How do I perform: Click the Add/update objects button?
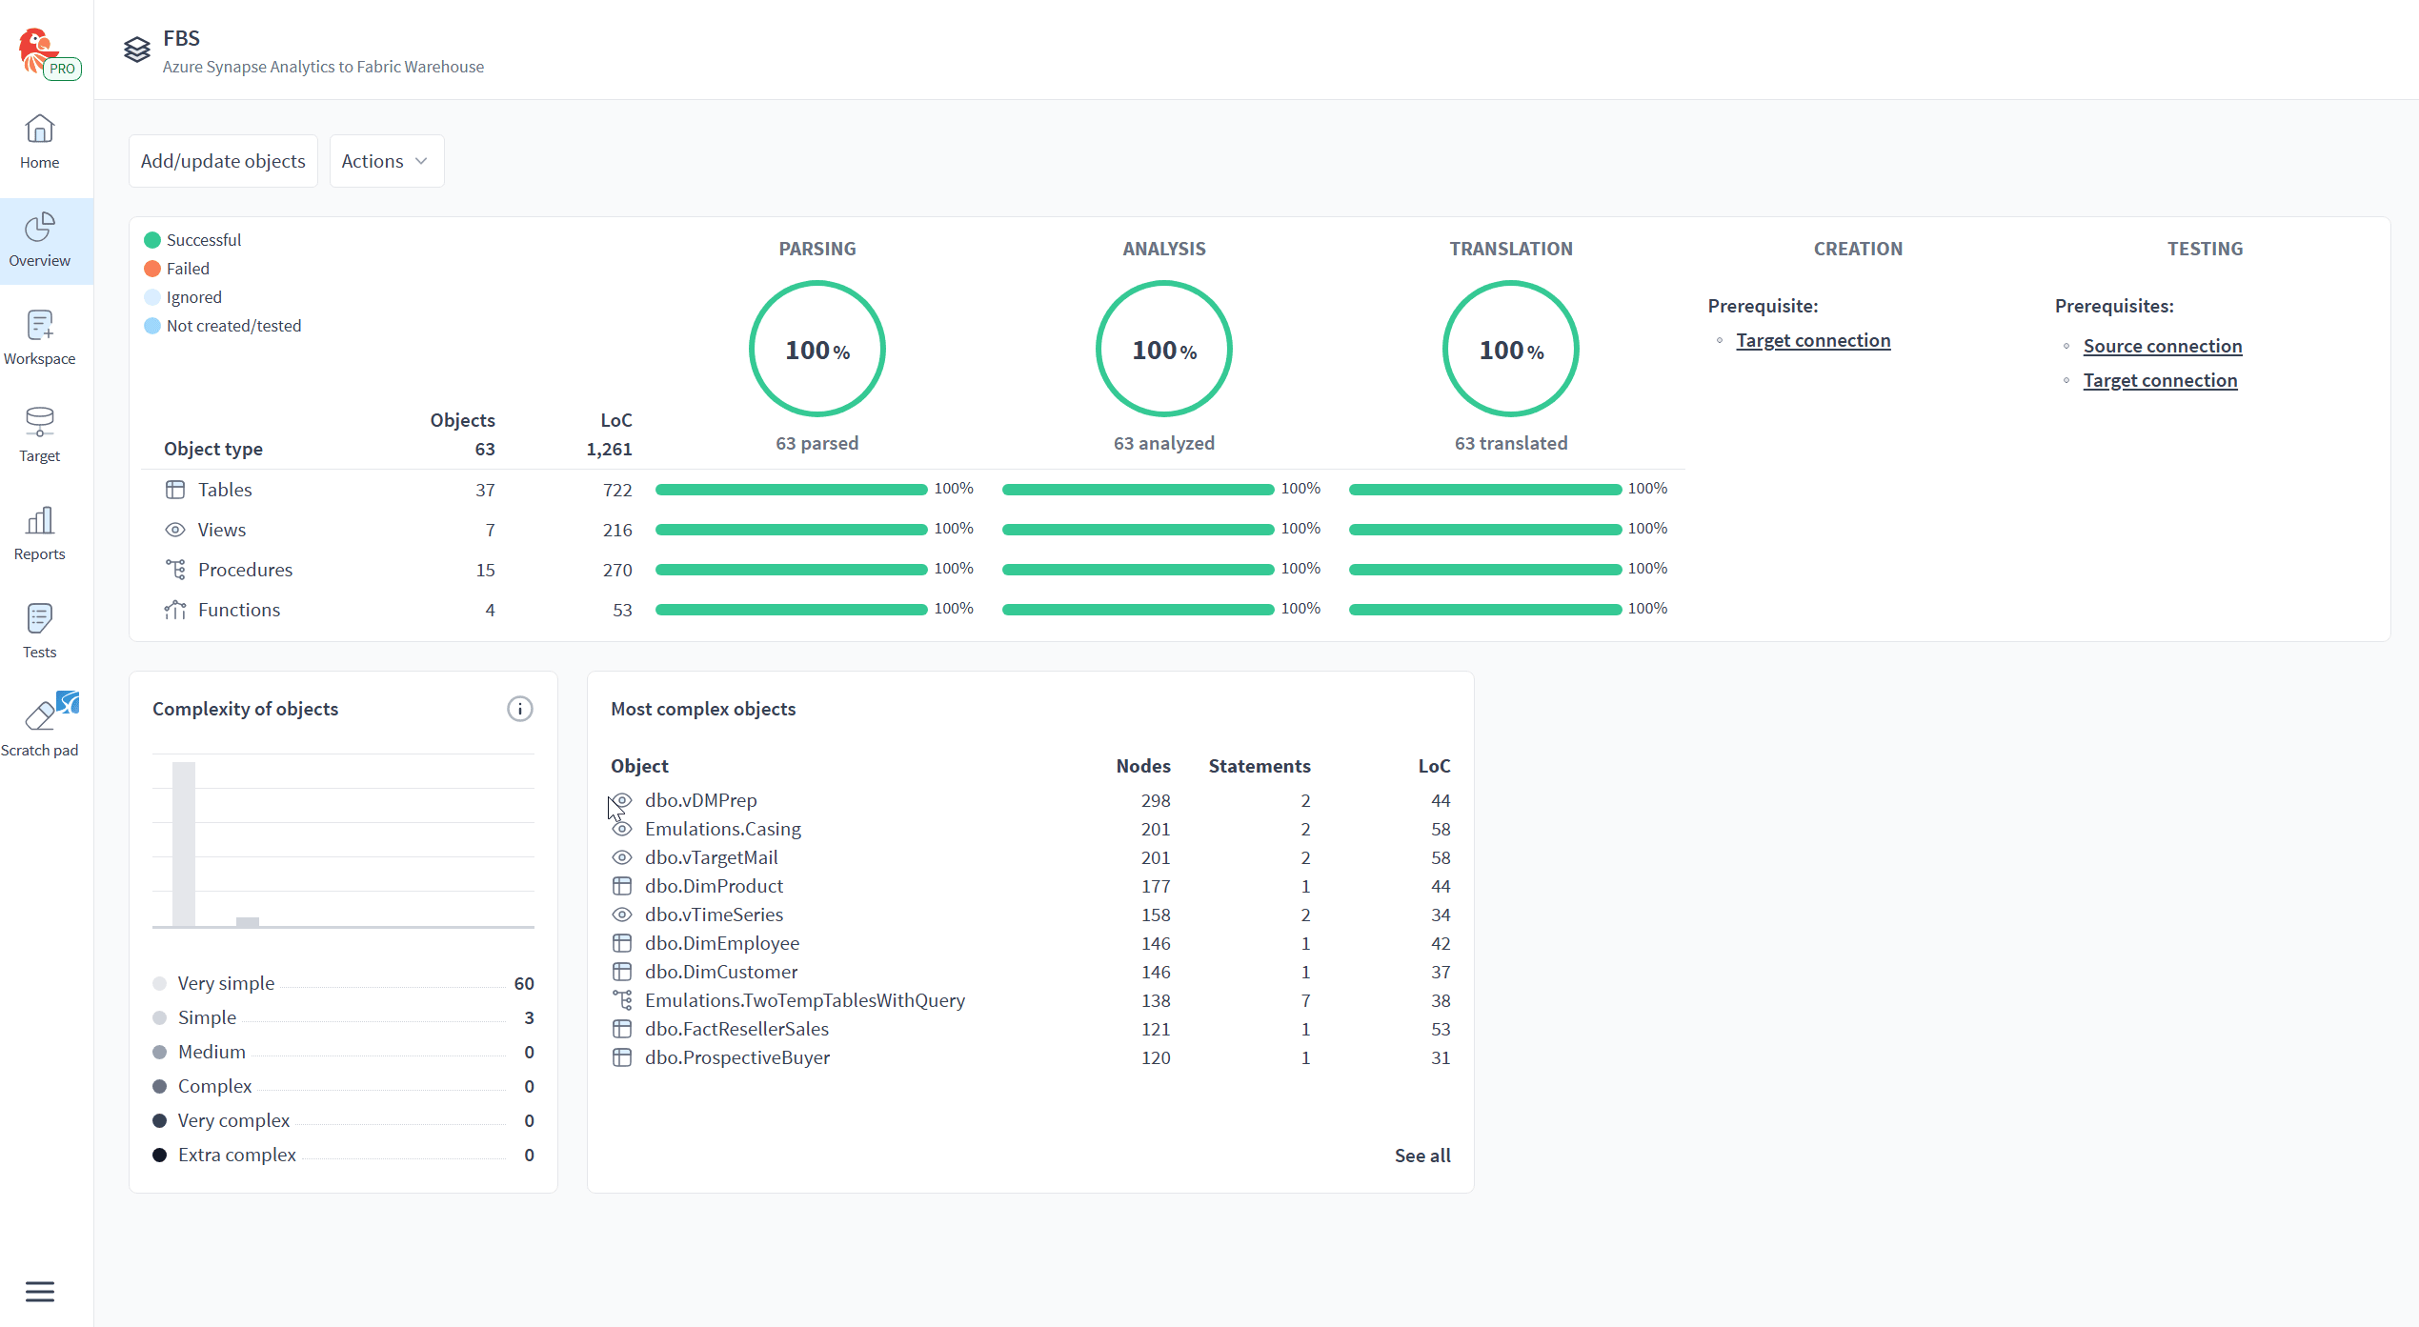pyautogui.click(x=223, y=161)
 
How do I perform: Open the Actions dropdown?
pyautogui.click(x=386, y=161)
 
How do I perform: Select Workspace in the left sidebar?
pyautogui.click(x=40, y=338)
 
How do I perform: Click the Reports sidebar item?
pyautogui.click(x=40, y=533)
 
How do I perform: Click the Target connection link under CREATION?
pyautogui.click(x=1813, y=340)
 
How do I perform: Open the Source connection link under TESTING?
pyautogui.click(x=2163, y=346)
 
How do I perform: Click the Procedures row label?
pyautogui.click(x=245, y=570)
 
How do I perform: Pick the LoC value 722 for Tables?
pyautogui.click(x=617, y=490)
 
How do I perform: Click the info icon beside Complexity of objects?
pyautogui.click(x=520, y=709)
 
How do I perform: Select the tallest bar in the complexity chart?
pyautogui.click(x=184, y=844)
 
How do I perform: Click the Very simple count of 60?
pyautogui.click(x=524, y=983)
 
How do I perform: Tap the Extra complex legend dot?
pyautogui.click(x=160, y=1155)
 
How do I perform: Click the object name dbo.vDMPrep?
pyautogui.click(x=701, y=800)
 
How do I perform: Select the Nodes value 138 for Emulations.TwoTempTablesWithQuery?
pyautogui.click(x=1156, y=1000)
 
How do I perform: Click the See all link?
pyautogui.click(x=1422, y=1156)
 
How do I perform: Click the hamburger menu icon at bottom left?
pyautogui.click(x=40, y=1292)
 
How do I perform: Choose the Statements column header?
pyautogui.click(x=1260, y=766)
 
